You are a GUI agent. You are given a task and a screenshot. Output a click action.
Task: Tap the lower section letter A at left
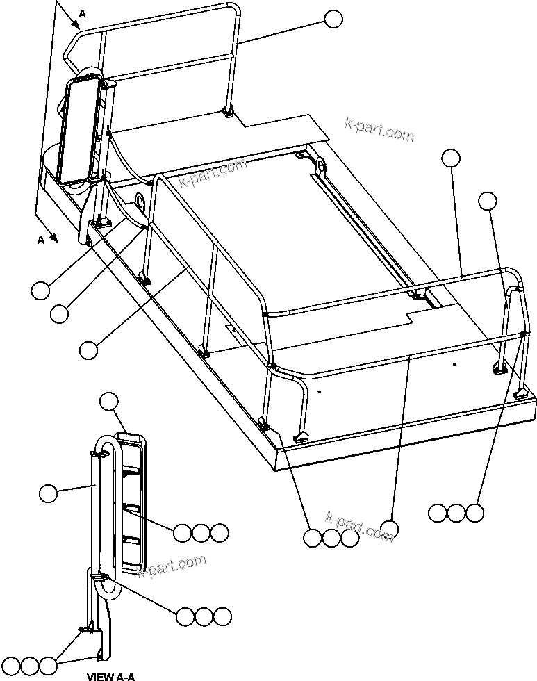pos(41,240)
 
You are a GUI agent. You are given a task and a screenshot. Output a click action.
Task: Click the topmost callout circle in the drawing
pos(334,19)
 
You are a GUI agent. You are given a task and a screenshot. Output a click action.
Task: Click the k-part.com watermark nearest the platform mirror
pos(213,174)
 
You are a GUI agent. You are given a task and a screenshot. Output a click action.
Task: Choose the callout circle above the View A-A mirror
pos(109,401)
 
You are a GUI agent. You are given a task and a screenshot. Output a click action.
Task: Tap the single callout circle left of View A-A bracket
pos(48,493)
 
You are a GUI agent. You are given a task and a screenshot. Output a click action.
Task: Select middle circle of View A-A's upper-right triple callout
pos(201,533)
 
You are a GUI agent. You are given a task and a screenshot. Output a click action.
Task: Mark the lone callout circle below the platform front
pos(389,530)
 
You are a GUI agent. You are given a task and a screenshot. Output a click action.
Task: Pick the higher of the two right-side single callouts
pos(451,158)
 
